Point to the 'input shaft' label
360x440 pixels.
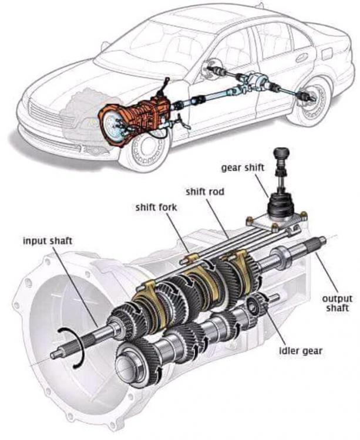point(49,241)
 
